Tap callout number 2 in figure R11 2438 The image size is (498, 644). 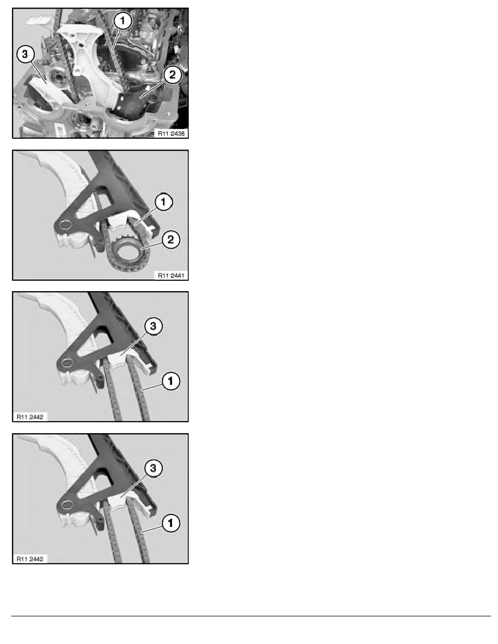pos(171,76)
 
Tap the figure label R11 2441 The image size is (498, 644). pos(169,274)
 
